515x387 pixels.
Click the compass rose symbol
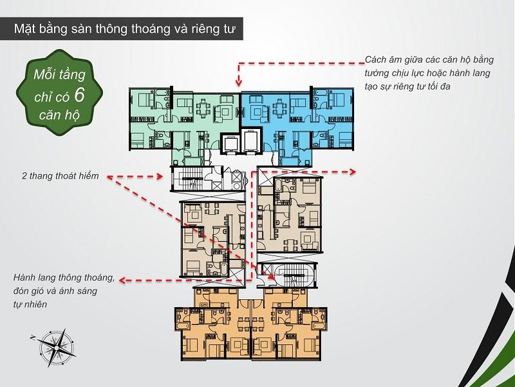pos(57,348)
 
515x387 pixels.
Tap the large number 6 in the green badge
pos(79,95)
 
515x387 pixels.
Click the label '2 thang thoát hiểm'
pos(60,175)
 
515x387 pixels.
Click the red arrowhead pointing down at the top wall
pos(239,82)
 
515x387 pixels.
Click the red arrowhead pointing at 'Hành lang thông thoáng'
pos(123,281)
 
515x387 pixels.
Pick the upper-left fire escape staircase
pos(188,178)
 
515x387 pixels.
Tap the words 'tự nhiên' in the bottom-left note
pos(30,304)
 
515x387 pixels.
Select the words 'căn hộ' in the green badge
pos(59,115)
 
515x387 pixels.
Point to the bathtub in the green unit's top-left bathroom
pos(162,92)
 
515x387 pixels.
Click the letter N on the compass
pos(33,337)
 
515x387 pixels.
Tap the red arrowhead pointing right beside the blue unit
pos(352,172)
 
